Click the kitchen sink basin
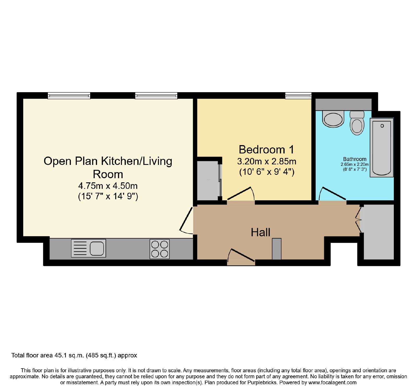tap(97, 248)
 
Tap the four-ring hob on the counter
tap(160, 249)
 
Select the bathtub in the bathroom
tap(382, 147)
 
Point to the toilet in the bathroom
tap(357, 123)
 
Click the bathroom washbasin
tap(333, 119)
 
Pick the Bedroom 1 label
tap(266, 150)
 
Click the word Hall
tap(260, 232)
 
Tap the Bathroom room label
tap(354, 159)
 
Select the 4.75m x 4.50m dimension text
tap(108, 186)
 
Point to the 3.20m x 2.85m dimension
tap(267, 162)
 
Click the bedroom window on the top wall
tap(298, 96)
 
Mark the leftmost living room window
tap(69, 96)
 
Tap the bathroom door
tap(333, 193)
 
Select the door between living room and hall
tap(186, 220)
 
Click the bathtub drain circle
tap(382, 126)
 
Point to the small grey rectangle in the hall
tap(277, 249)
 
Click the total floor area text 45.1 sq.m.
tap(74, 355)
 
